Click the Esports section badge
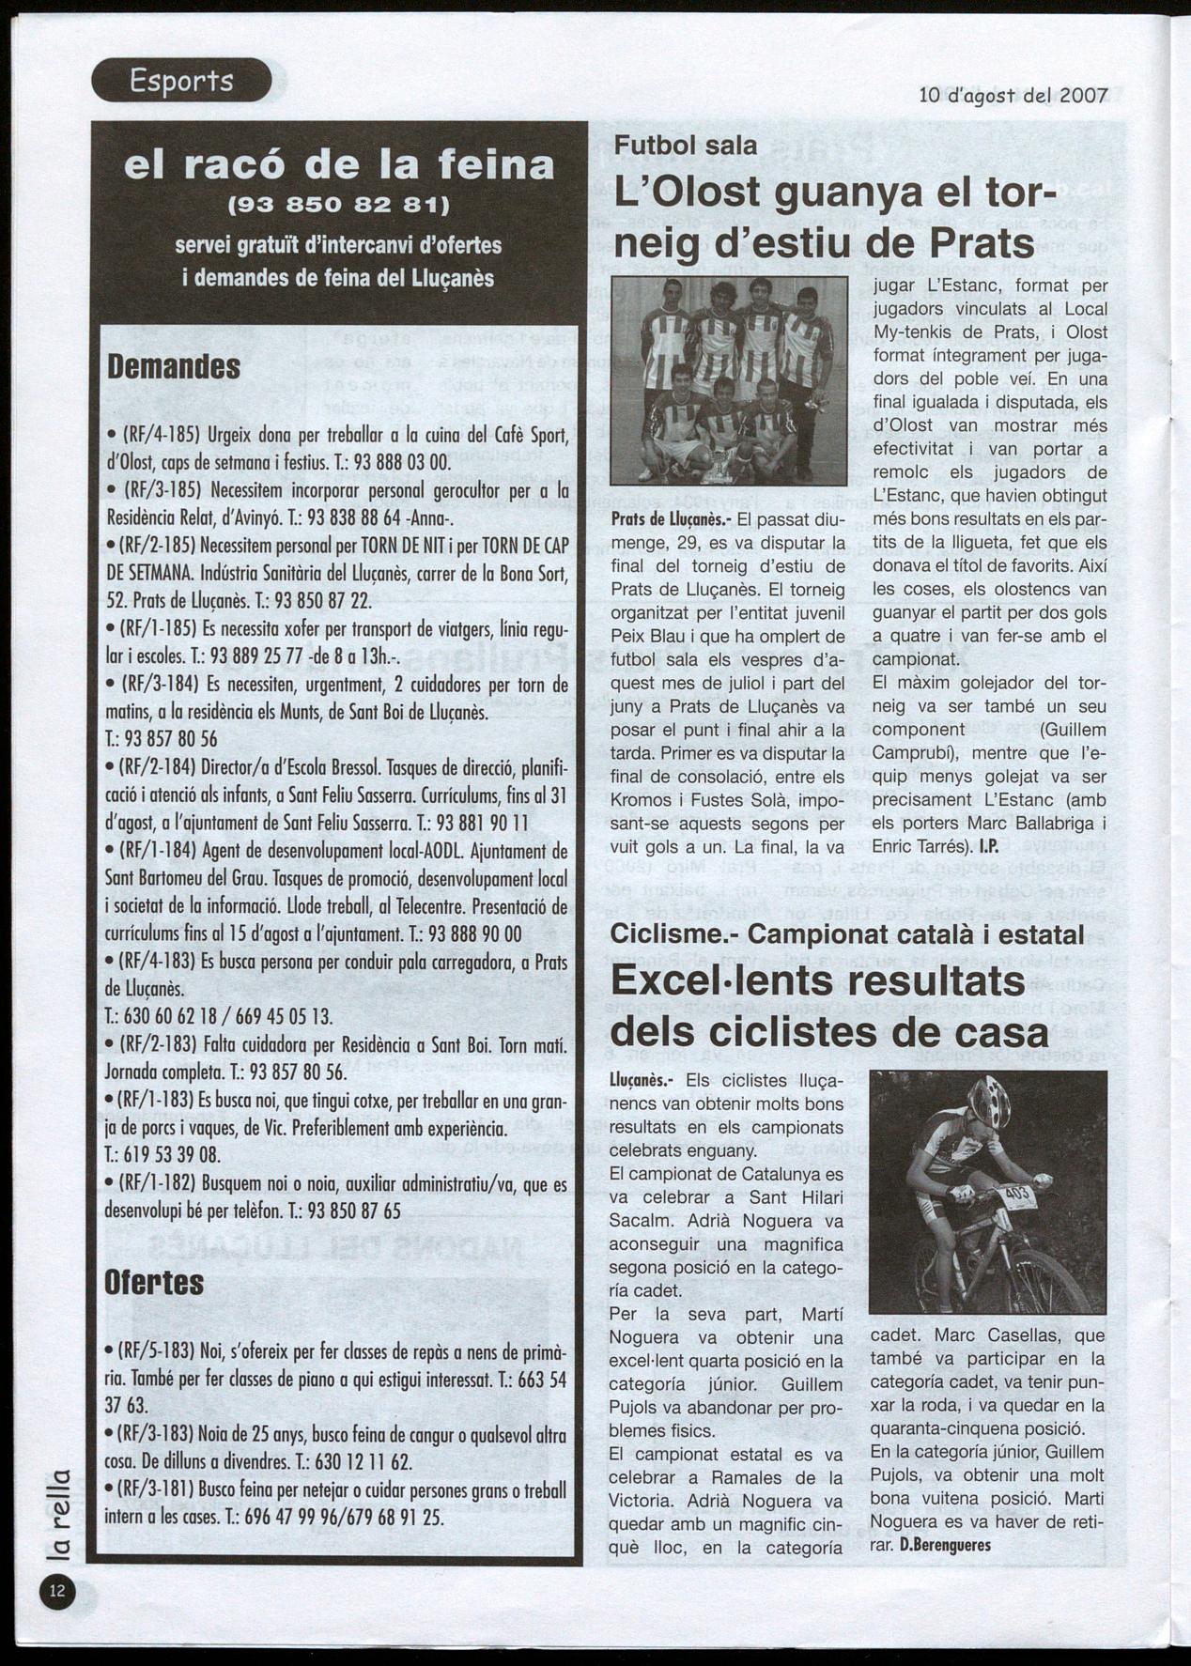181,81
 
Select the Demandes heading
174,366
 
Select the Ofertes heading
155,1282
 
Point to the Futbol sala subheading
686,145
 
